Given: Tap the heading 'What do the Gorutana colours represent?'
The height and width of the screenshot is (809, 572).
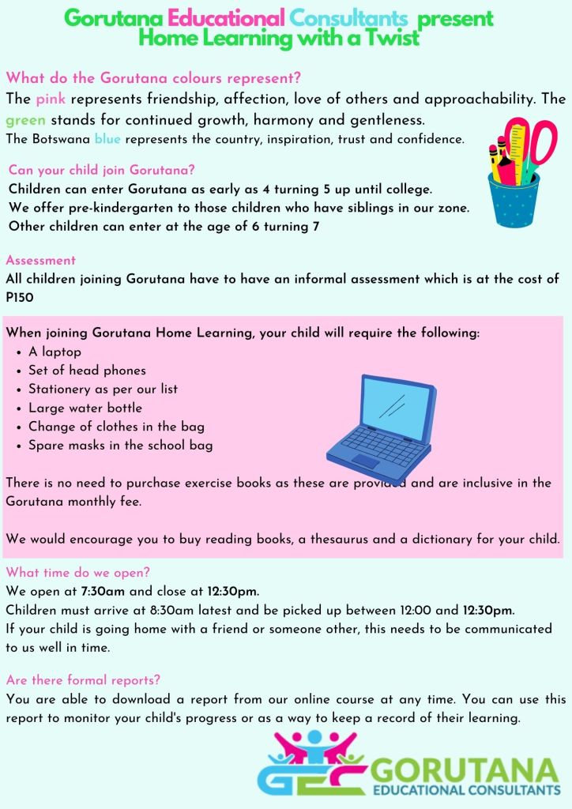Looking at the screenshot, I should pos(153,78).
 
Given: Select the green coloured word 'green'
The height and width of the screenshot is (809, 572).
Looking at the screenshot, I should pos(26,120).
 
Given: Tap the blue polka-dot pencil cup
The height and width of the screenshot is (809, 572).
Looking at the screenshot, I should pos(515,201).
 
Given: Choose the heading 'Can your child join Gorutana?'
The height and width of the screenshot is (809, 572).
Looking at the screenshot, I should pos(102,170).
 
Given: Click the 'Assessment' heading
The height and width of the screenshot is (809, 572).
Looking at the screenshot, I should pos(41,260).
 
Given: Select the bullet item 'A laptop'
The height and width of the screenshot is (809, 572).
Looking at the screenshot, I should pos(55,352).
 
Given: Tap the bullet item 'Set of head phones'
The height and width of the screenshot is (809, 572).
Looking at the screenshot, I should pos(87,370).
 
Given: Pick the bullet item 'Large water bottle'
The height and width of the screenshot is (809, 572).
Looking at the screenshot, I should pos(85,408).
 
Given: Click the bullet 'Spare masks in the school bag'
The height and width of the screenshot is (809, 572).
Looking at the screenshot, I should pos(120,446).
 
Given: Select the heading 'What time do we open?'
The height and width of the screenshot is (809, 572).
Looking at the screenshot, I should pos(78,573).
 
